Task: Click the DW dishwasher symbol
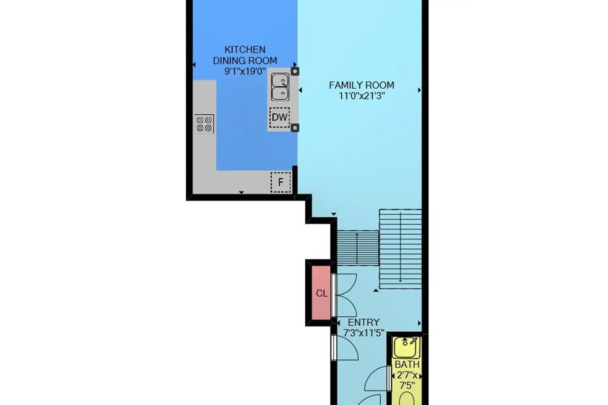point(280,117)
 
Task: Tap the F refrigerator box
point(280,182)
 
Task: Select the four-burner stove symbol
point(204,124)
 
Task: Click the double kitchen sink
point(280,87)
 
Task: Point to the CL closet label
point(322,293)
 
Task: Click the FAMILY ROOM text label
point(361,85)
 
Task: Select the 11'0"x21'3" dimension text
point(362,96)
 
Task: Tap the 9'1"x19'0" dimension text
point(245,71)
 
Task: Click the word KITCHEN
point(245,50)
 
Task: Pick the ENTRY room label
point(364,322)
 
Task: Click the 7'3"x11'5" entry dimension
point(364,333)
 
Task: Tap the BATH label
point(407,364)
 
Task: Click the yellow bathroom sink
point(406,347)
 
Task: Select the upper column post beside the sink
point(295,71)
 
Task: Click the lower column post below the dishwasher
point(295,128)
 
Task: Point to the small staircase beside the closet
point(358,248)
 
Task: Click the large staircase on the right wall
point(400,249)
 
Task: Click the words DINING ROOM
point(245,60)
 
